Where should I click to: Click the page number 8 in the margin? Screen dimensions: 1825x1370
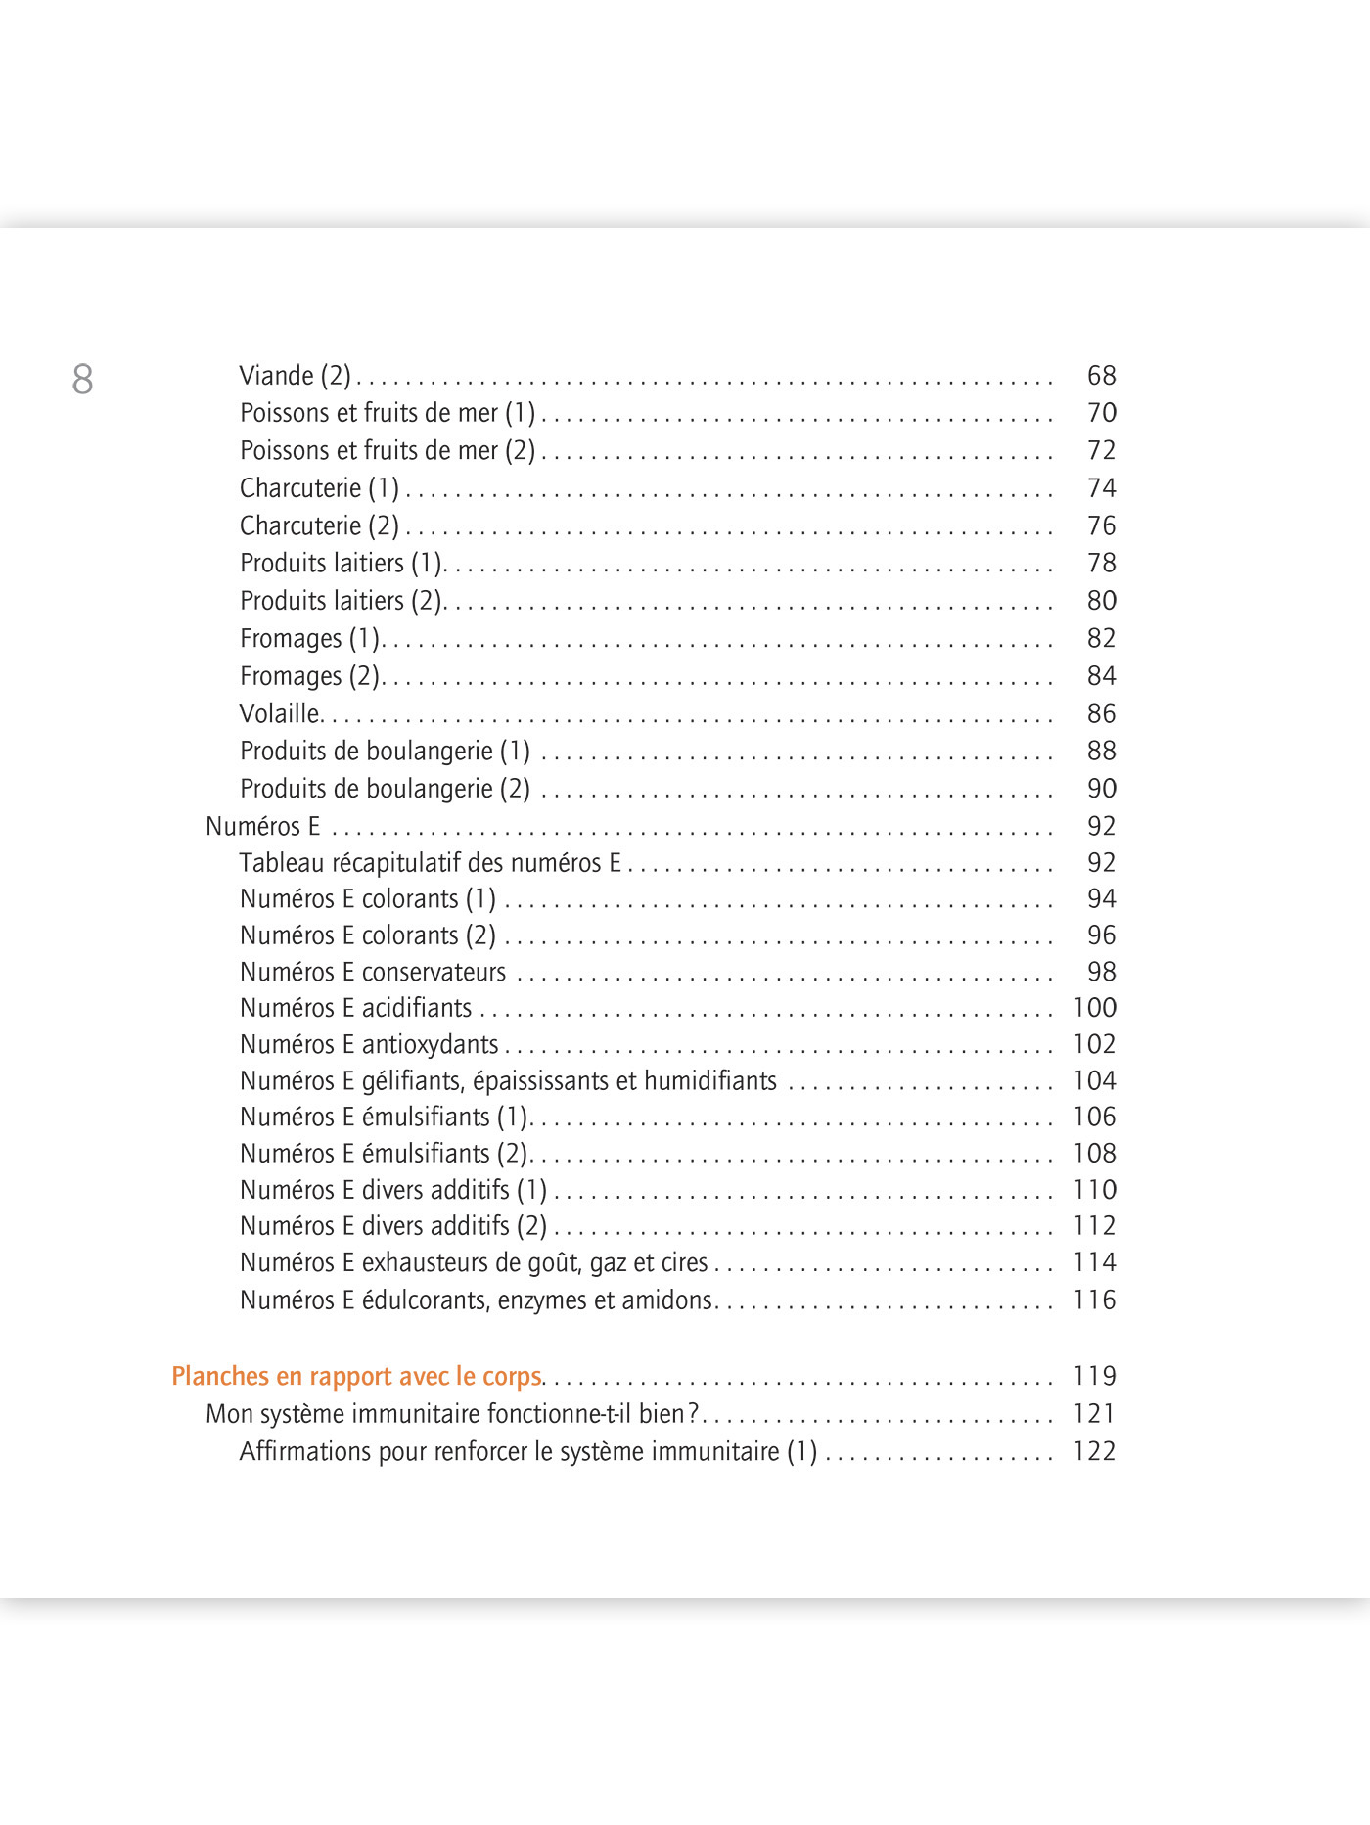(x=82, y=379)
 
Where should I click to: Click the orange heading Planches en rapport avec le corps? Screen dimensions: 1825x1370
(x=356, y=1376)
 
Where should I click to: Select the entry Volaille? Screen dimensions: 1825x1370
(x=280, y=713)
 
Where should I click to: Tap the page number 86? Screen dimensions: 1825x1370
(x=1101, y=713)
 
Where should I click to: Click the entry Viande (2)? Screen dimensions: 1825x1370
(x=295, y=376)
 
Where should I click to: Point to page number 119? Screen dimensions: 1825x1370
(x=1094, y=1376)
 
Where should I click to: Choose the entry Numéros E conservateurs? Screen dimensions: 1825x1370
(x=373, y=972)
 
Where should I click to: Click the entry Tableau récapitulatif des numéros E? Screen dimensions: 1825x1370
(x=430, y=862)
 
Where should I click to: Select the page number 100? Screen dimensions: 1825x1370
(x=1094, y=1007)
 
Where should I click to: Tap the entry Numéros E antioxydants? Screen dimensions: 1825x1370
(x=369, y=1044)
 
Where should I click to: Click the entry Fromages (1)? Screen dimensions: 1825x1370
(x=309, y=638)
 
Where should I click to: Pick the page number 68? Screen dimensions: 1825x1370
(x=1101, y=375)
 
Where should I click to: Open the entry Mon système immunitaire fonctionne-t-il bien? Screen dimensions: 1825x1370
(x=452, y=1413)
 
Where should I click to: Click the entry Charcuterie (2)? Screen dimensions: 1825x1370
(x=319, y=525)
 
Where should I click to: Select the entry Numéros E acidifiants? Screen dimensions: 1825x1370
(x=355, y=1008)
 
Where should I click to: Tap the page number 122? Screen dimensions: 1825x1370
(x=1094, y=1451)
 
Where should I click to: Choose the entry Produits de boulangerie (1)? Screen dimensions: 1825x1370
(x=385, y=751)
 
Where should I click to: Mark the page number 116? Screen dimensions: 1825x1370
(x=1094, y=1300)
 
